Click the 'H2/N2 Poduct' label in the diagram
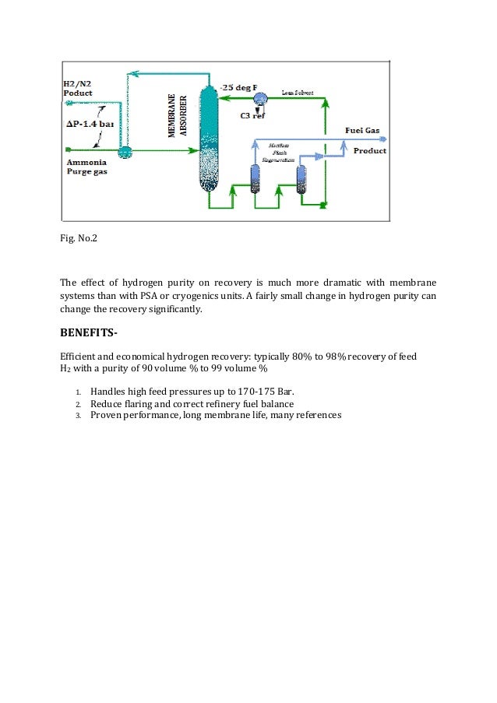pyautogui.click(x=78, y=88)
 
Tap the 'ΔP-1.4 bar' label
pyautogui.click(x=93, y=123)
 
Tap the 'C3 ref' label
pyautogui.click(x=250, y=115)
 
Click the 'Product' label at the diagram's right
pyautogui.click(x=369, y=150)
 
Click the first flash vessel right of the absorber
pyautogui.click(x=255, y=179)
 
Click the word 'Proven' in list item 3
pyautogui.click(x=107, y=416)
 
